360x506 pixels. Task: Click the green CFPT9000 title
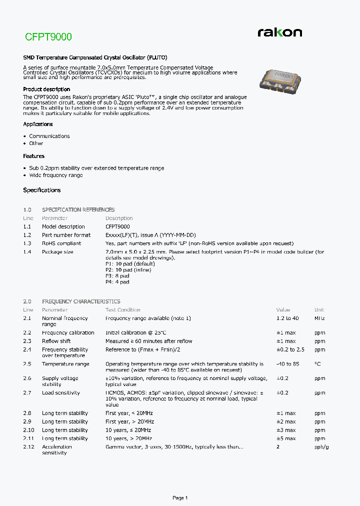pos(48,37)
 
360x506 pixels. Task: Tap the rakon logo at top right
pos(279,32)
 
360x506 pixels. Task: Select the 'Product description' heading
pos(46,89)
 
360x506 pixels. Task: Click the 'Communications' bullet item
pos(49,136)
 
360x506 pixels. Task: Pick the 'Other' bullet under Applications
pos(36,143)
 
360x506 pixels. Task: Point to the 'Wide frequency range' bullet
pos(56,175)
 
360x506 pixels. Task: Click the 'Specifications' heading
pos(42,190)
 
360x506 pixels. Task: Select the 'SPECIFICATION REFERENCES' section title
pos(78,210)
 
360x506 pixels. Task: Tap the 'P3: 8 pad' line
pos(117,276)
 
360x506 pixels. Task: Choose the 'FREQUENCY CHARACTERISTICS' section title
pos(81,302)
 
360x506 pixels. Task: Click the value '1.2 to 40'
pos(287,318)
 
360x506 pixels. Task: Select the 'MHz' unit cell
pos(319,318)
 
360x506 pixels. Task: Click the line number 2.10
pos(28,430)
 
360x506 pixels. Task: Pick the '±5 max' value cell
pos(286,438)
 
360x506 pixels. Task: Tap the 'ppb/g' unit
pos(321,447)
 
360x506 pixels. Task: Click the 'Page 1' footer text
pos(180,498)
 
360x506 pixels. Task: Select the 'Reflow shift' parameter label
pos(56,341)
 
